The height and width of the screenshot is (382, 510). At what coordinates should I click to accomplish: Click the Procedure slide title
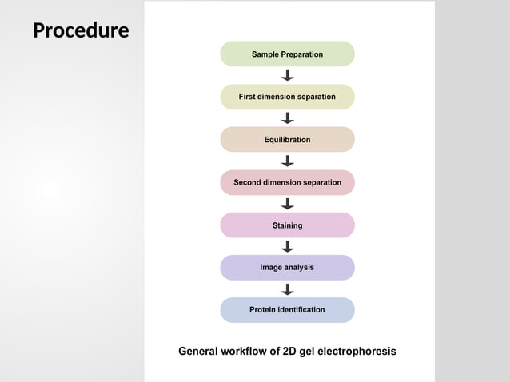click(81, 30)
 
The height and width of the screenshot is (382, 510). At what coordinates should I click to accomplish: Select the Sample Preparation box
click(287, 54)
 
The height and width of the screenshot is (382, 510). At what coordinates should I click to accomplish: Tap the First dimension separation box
click(287, 97)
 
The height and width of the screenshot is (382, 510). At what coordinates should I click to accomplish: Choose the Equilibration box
click(287, 140)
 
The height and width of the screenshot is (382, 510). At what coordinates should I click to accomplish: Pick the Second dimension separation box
click(287, 182)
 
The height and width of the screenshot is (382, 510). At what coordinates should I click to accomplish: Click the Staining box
click(287, 225)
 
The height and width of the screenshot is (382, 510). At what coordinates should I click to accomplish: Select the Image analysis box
click(287, 268)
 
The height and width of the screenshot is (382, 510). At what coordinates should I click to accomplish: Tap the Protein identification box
click(287, 310)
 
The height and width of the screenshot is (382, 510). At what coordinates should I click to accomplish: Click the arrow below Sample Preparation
click(288, 75)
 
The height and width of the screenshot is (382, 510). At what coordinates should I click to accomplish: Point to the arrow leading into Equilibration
click(288, 118)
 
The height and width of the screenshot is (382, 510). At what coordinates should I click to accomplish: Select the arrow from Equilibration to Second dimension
click(288, 161)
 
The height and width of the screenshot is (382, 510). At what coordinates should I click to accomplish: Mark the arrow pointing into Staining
click(288, 204)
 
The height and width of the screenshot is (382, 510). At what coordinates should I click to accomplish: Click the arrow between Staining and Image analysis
click(288, 246)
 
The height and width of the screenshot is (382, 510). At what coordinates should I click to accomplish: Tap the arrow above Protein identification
click(288, 288)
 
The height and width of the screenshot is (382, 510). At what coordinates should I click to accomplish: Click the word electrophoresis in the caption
click(357, 352)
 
